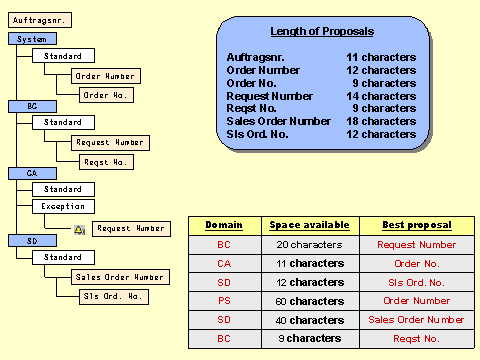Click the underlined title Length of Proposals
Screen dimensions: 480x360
click(x=321, y=32)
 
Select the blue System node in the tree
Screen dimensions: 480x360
click(x=32, y=38)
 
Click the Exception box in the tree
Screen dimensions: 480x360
click(x=63, y=206)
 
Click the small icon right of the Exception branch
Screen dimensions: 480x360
click(x=79, y=229)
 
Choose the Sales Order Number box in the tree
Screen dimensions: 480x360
click(x=120, y=276)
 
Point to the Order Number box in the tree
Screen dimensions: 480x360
click(x=106, y=76)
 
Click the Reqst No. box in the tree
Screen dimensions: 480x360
click(x=106, y=161)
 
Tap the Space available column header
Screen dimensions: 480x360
click(x=302, y=225)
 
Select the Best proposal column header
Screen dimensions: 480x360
click(x=416, y=225)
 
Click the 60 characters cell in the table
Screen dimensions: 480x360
click(x=302, y=301)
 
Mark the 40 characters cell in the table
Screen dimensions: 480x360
click(x=302, y=320)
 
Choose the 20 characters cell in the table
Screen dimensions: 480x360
click(x=302, y=244)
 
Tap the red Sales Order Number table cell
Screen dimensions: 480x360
click(x=416, y=320)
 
